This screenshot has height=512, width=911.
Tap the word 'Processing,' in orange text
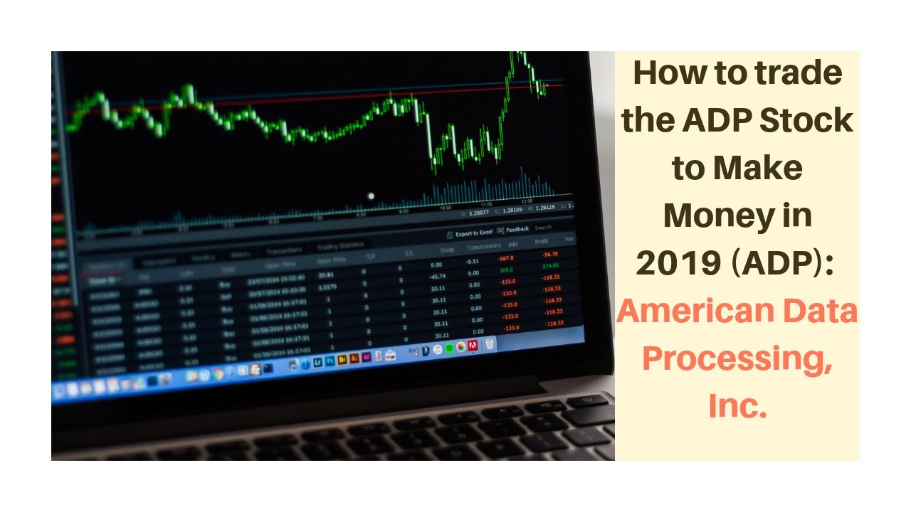737,358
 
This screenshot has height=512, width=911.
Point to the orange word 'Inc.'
737,405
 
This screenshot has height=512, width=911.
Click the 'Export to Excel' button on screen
473,233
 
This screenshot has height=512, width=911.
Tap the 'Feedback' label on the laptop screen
517,230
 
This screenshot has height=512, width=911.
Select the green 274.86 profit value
551,265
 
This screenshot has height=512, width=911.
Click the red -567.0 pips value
506,258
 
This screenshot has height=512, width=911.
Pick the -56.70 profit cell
549,254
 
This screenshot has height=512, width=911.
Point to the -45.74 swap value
438,276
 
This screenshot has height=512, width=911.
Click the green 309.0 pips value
506,270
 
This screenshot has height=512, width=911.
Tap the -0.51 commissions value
472,261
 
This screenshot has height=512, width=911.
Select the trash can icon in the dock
490,344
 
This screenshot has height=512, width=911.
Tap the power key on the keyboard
589,400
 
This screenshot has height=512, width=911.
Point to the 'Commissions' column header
484,247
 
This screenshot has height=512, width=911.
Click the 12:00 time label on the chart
527,201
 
